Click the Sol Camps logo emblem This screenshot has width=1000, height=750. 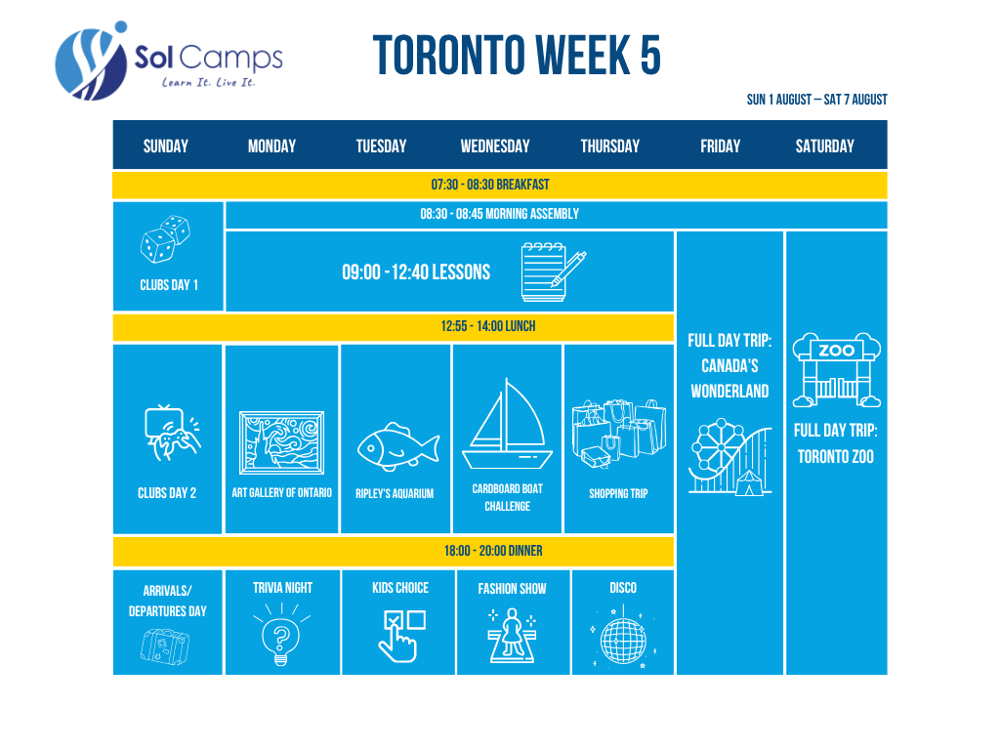coord(91,62)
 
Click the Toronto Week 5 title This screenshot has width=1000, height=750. coord(517,56)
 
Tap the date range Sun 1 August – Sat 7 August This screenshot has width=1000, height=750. coord(817,100)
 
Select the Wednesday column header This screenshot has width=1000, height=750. coord(495,146)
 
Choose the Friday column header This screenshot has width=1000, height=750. coord(720,146)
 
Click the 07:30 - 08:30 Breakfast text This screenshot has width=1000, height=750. coord(490,185)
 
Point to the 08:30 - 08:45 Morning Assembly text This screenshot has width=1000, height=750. coord(499,214)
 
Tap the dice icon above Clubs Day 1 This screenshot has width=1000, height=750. coord(165,239)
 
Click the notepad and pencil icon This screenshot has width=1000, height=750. coord(553,271)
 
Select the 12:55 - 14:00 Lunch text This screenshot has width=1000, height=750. coord(488,326)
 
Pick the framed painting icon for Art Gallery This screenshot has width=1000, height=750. coord(281,442)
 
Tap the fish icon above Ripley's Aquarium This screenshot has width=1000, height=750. coord(398,447)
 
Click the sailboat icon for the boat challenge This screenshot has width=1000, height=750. coord(507,424)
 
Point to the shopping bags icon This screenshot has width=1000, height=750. coord(618,434)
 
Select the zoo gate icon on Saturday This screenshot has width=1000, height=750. coord(836,370)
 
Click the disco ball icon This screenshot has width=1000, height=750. coord(623,639)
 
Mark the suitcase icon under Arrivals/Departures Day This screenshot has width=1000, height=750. coord(164,646)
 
